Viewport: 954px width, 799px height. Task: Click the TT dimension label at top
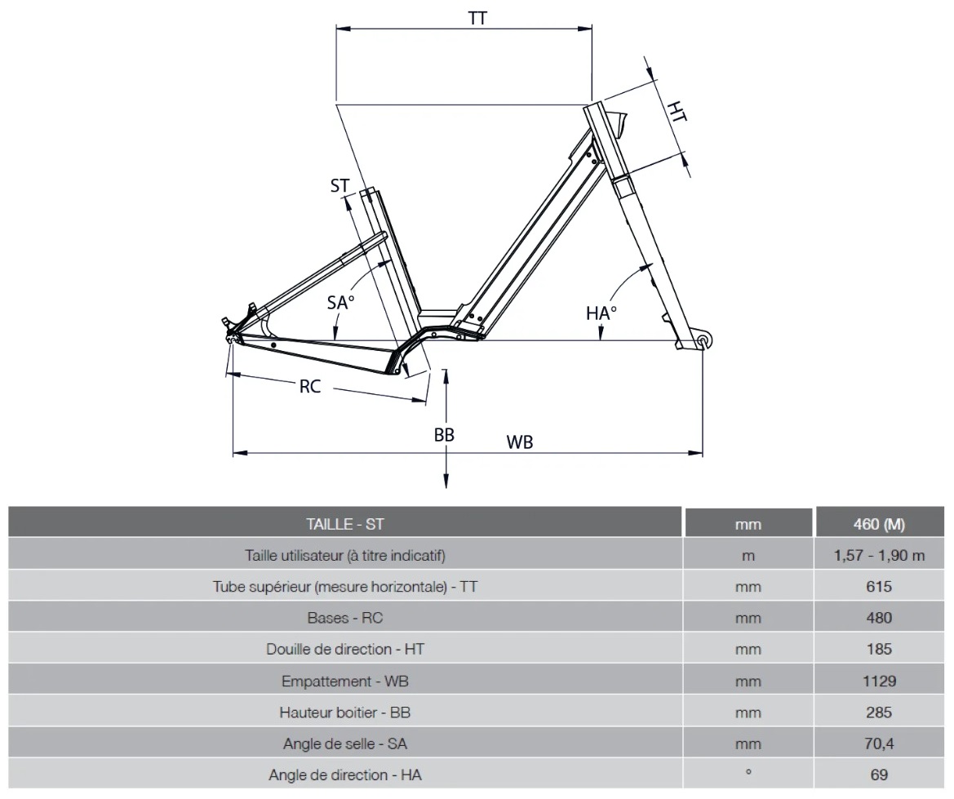478,18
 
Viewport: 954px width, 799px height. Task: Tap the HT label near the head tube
677,112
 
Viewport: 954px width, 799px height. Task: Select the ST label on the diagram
340,186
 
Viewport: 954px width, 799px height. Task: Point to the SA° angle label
340,303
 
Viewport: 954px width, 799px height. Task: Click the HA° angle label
601,312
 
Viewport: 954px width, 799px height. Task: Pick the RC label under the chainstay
310,387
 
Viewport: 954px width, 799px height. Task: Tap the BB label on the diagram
444,435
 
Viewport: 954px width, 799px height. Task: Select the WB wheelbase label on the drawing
520,442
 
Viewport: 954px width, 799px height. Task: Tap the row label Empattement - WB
344,681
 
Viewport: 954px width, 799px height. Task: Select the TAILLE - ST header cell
344,524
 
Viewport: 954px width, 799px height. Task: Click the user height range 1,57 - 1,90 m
879,556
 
